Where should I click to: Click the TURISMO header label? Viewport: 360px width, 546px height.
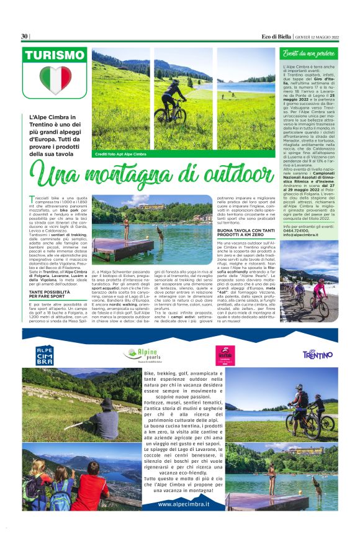[x=55, y=55]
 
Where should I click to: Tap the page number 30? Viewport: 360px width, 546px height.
[x=24, y=37]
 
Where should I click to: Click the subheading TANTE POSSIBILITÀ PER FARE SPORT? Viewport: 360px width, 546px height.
[x=47, y=293]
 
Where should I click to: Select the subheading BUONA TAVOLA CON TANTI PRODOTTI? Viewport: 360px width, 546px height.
[x=241, y=234]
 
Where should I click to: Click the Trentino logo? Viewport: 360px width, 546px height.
[x=317, y=354]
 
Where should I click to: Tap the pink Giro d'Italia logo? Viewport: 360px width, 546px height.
[x=224, y=355]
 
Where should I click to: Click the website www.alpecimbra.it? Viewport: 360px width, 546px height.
[x=182, y=504]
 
